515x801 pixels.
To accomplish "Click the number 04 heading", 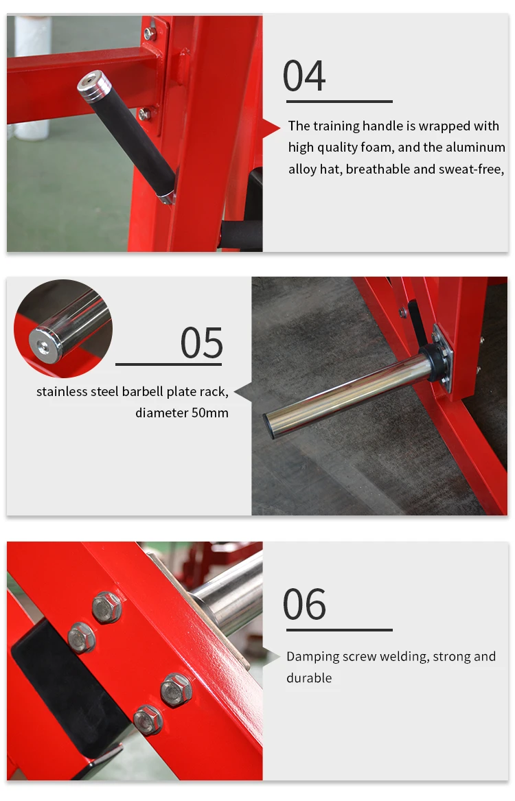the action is point(304,76).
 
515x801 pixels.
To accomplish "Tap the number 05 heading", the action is point(202,343).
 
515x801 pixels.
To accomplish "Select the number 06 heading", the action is point(304,604).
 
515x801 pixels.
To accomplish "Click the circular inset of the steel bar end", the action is point(63,329).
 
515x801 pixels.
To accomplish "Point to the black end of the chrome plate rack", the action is point(269,426).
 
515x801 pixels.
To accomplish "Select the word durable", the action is point(309,678).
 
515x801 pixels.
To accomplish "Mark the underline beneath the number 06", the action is point(339,630).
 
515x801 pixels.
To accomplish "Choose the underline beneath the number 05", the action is point(169,364).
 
